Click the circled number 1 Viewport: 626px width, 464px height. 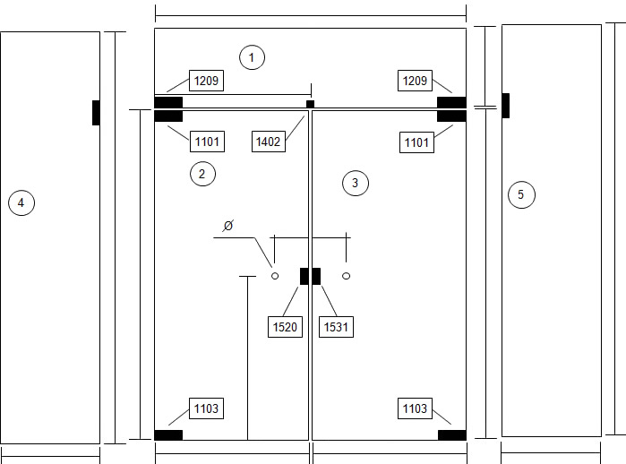click(x=252, y=57)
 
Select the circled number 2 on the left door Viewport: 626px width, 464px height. click(x=202, y=174)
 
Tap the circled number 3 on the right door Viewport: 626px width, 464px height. click(x=356, y=183)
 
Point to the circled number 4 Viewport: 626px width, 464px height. click(x=21, y=202)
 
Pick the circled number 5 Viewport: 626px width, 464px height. click(x=521, y=194)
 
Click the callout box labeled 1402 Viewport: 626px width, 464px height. click(x=269, y=142)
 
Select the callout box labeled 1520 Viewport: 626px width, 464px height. click(x=285, y=327)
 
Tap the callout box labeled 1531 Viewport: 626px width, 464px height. click(x=336, y=327)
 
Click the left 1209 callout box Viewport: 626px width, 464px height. click(x=206, y=81)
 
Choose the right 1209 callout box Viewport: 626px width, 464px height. click(x=415, y=81)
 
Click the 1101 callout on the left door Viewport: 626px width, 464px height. click(x=207, y=142)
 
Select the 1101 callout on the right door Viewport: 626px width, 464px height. click(x=416, y=142)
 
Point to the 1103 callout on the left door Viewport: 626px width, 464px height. click(x=206, y=408)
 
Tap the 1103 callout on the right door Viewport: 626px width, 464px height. click(x=415, y=408)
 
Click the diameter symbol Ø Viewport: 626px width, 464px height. click(x=228, y=226)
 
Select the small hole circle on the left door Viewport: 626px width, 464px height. click(x=275, y=276)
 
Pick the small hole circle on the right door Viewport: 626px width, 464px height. click(x=347, y=276)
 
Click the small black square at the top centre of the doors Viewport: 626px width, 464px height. click(x=310, y=104)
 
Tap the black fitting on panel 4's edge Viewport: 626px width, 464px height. click(x=96, y=113)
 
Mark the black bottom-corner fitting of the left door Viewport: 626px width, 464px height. click(x=168, y=434)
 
